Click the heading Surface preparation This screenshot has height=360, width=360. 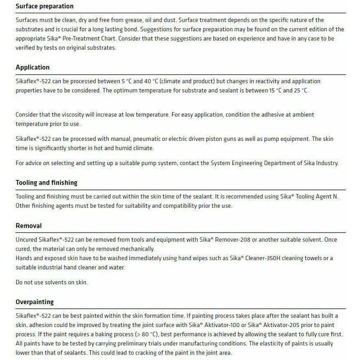pyautogui.click(x=44, y=7)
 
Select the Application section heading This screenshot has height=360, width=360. pyautogui.click(x=32, y=67)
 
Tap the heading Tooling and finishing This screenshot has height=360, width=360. pyautogui.click(x=46, y=183)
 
